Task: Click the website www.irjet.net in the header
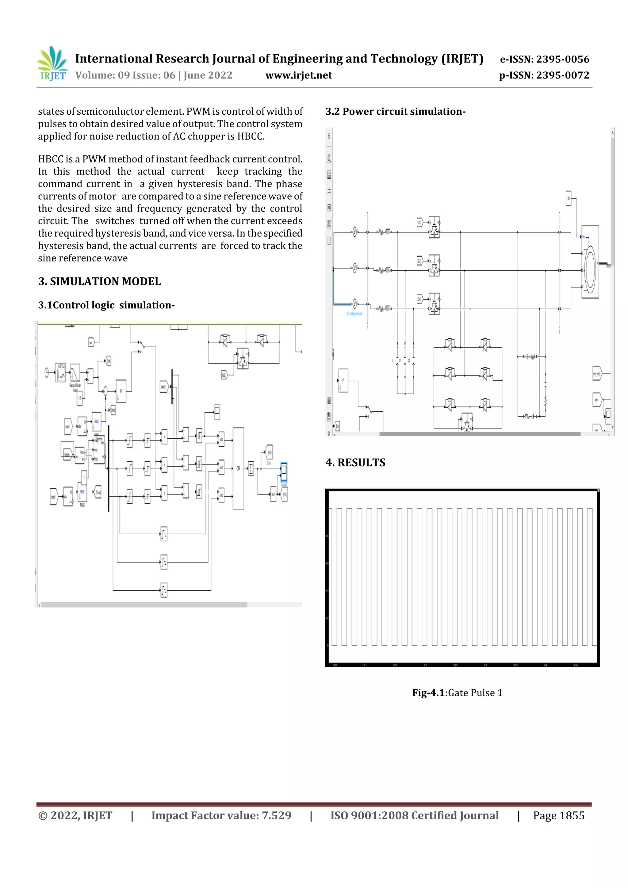298,75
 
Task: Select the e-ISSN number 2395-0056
544,59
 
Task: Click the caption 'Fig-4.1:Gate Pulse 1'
457,692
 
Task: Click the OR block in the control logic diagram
238,468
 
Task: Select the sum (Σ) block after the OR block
251,469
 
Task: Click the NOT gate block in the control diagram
273,494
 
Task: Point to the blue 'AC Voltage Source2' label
354,314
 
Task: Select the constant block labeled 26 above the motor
569,198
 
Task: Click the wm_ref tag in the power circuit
597,374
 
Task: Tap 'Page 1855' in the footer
558,815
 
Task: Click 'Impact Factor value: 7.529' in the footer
221,815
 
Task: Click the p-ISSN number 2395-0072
544,75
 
